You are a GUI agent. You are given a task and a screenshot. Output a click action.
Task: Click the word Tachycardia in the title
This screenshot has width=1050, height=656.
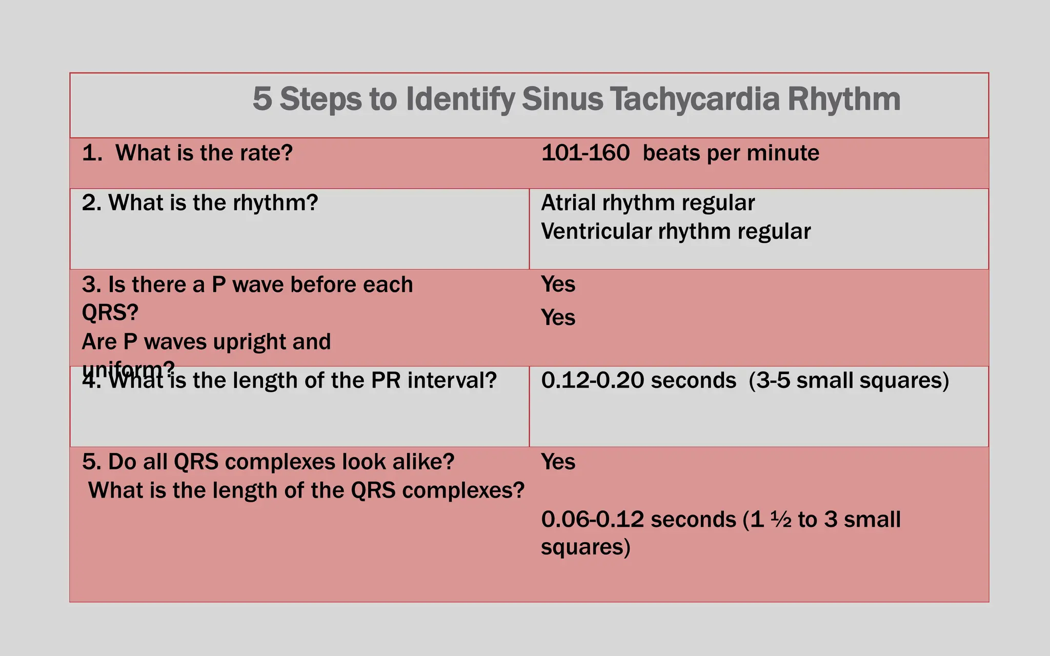(x=695, y=99)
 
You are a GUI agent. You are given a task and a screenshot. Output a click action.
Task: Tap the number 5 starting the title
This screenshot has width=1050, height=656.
(x=262, y=99)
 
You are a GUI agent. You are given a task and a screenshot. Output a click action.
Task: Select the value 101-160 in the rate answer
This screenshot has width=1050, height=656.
(x=585, y=153)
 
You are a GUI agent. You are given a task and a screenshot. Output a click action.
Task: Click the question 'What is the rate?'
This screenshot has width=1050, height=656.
(x=204, y=153)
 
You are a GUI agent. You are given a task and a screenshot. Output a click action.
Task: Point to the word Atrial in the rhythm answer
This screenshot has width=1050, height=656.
(x=568, y=203)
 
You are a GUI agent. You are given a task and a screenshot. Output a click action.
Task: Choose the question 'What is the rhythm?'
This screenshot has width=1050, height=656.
(x=213, y=203)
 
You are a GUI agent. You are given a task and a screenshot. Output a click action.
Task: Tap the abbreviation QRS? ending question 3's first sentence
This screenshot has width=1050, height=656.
(x=110, y=312)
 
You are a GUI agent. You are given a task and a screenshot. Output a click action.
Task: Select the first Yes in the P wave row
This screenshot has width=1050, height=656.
(x=558, y=284)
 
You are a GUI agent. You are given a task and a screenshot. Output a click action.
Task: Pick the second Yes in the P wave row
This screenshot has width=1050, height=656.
(x=558, y=318)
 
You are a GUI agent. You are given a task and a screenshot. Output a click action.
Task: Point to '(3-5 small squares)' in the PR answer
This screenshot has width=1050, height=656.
(x=849, y=380)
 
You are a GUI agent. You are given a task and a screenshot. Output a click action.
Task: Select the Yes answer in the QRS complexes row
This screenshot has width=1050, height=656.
(x=558, y=462)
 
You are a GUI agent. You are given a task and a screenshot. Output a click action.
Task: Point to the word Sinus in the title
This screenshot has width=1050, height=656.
(x=562, y=99)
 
